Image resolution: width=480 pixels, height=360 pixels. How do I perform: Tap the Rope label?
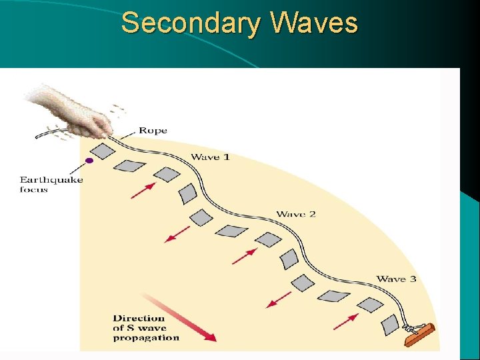(x=153, y=131)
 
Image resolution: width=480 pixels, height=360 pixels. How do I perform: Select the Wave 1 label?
(x=210, y=157)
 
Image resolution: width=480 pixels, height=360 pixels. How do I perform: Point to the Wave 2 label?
(x=296, y=214)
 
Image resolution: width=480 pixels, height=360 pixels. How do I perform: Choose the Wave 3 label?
(x=396, y=279)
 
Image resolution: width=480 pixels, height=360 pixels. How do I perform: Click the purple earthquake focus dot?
(x=89, y=161)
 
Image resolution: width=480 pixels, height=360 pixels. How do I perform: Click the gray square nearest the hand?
(x=103, y=149)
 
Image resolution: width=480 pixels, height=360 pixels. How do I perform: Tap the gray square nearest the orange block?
(x=390, y=325)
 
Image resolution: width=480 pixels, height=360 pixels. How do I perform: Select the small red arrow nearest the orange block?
(x=345, y=322)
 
